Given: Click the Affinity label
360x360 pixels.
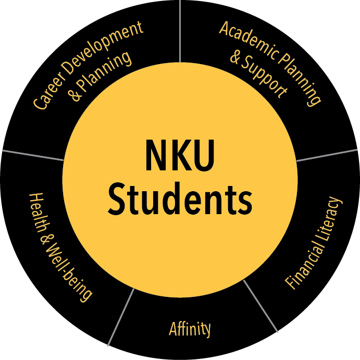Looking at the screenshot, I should point(190,329).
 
